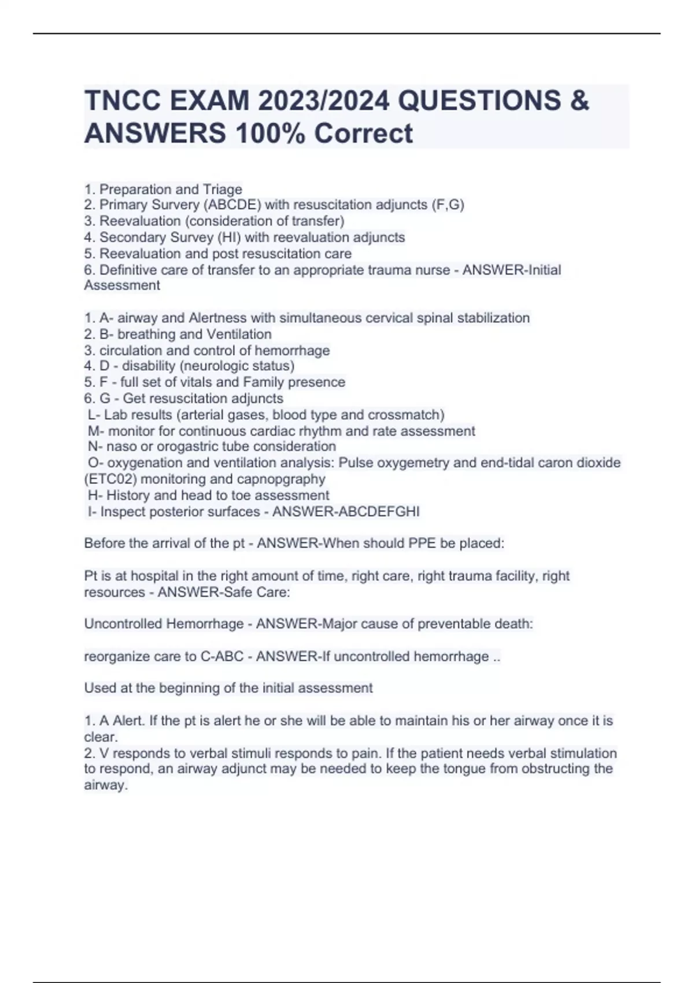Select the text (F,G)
pos(448,205)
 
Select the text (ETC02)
pos(110,479)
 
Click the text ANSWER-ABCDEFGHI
pos(346,512)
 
